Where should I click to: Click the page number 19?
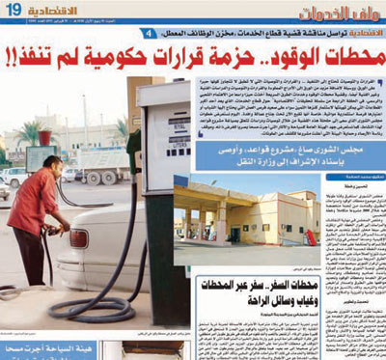coord(13,11)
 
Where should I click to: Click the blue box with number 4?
coord(146,34)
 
